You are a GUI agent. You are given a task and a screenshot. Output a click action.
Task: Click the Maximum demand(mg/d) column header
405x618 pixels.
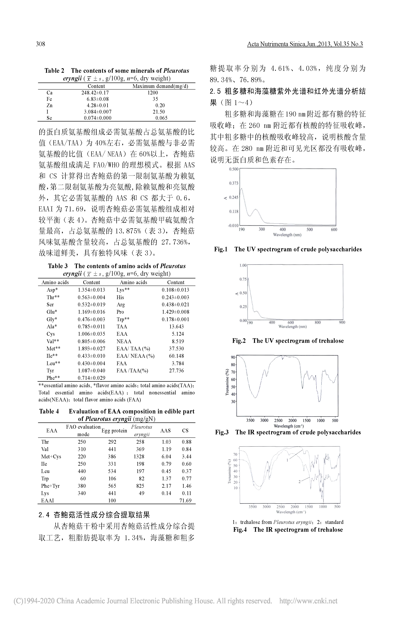[x=160, y=86]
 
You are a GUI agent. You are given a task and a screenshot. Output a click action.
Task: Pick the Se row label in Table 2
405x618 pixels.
[x=49, y=118]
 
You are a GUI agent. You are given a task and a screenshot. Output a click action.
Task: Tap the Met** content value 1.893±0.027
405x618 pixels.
[x=92, y=348]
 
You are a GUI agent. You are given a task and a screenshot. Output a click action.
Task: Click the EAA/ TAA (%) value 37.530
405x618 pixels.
[x=176, y=348]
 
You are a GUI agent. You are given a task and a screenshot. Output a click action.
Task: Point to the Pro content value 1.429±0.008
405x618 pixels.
[x=175, y=312]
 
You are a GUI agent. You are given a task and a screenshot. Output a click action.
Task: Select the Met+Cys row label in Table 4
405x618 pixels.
[x=51, y=457]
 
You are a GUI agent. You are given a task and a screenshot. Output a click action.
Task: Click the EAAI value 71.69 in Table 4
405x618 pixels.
[x=185, y=500]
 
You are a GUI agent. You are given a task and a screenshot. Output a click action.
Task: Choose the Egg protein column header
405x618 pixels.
[x=114, y=431]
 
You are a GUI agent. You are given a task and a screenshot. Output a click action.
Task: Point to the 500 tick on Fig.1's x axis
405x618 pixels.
[x=310, y=229]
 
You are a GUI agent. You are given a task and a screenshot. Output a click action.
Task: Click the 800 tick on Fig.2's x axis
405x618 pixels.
[x=318, y=322]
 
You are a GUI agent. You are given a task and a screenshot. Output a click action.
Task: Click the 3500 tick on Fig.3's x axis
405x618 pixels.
[x=250, y=420]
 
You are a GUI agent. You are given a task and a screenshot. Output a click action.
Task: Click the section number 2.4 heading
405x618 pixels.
[x=44, y=515]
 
